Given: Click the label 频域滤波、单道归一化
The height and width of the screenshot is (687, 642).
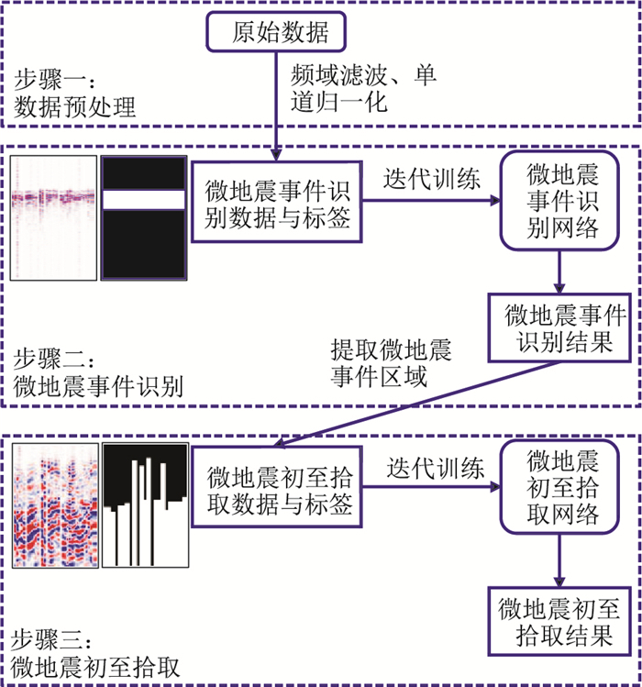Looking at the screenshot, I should tap(361, 87).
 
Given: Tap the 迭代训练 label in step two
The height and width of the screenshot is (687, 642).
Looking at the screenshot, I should tap(431, 180).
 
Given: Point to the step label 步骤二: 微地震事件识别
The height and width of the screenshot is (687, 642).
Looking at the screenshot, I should tap(97, 373).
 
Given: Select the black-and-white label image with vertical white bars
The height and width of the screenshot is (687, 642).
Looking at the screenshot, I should tap(144, 504).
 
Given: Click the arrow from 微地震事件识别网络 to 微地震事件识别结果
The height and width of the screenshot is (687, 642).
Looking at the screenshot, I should tap(559, 271).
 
